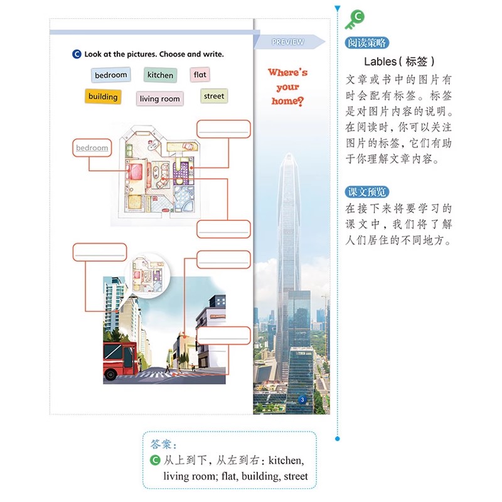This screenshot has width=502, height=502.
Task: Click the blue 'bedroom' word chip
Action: (111, 75)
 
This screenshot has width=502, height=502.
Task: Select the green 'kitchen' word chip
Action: (160, 75)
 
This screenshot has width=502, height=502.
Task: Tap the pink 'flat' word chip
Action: (200, 75)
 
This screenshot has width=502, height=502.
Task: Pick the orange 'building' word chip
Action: (103, 97)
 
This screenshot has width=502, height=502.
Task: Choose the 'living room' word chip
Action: (159, 99)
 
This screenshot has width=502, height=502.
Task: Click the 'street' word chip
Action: (213, 96)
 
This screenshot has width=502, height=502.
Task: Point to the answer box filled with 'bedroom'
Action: (92, 148)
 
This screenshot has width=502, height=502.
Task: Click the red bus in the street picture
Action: (119, 361)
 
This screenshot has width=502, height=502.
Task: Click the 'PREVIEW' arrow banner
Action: (289, 42)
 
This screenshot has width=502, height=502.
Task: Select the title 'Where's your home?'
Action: (287, 87)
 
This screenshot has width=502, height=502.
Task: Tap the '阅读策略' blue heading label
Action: (366, 43)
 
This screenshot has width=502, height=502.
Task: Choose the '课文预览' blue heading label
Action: (366, 192)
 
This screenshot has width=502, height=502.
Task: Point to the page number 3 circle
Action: (302, 399)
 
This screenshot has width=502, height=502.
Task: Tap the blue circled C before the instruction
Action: (77, 55)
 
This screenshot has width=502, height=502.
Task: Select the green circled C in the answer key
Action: (156, 461)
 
